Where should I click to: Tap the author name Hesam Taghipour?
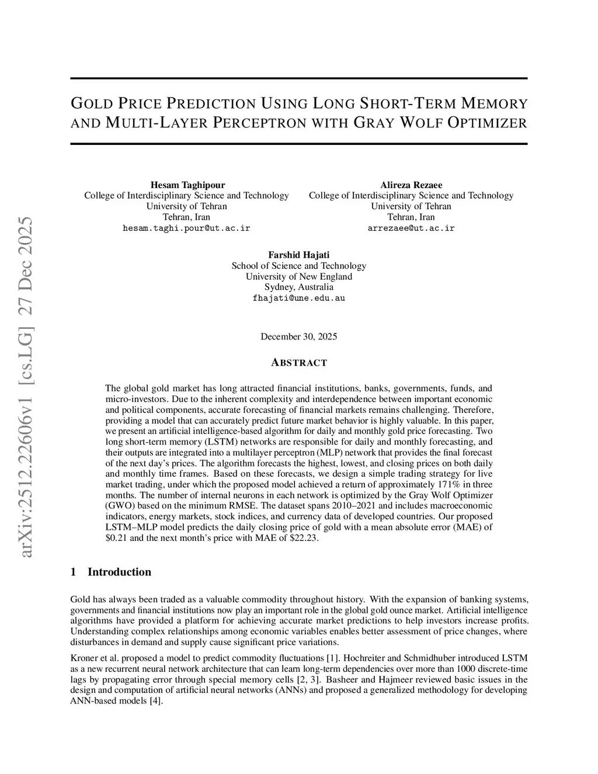(x=187, y=185)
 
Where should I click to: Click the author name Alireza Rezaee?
(x=411, y=185)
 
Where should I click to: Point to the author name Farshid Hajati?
(x=298, y=255)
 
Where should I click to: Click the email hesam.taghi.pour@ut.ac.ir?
(x=186, y=228)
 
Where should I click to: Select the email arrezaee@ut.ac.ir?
(x=411, y=228)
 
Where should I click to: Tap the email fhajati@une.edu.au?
(x=298, y=298)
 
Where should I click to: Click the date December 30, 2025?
(x=298, y=336)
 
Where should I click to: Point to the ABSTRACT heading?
(x=299, y=363)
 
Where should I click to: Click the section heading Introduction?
(x=119, y=572)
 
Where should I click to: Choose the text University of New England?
(x=298, y=276)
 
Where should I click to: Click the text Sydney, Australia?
(x=298, y=287)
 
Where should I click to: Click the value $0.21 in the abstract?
(x=116, y=538)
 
